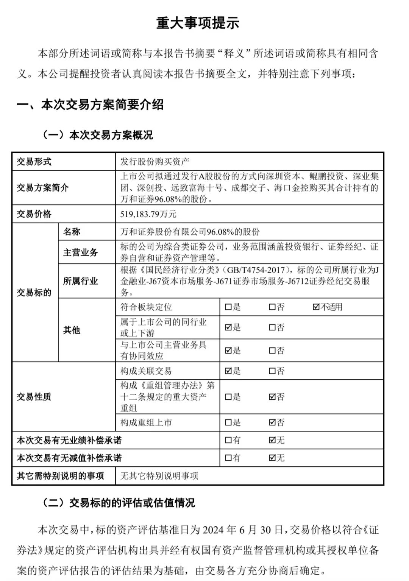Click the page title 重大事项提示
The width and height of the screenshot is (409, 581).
click(198, 23)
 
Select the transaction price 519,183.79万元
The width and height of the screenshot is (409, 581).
click(148, 214)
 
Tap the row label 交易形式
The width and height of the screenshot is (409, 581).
click(34, 162)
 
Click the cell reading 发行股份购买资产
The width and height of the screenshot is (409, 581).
click(155, 162)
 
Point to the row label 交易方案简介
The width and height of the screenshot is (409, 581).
click(42, 188)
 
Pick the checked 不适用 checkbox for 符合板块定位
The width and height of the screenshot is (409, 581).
click(316, 307)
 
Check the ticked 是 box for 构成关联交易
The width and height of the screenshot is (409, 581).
click(228, 371)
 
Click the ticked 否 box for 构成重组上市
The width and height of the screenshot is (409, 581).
click(272, 422)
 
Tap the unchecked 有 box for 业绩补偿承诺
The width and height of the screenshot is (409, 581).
click(228, 440)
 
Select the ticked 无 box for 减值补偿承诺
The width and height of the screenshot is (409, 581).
click(272, 458)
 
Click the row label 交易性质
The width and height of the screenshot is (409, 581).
click(34, 397)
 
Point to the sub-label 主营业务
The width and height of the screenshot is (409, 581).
click(81, 252)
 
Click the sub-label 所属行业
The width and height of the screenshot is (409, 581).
click(81, 281)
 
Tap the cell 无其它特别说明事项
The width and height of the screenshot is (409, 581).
click(159, 476)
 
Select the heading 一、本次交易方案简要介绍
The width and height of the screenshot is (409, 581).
click(90, 105)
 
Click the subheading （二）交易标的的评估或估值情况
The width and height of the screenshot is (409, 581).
click(119, 503)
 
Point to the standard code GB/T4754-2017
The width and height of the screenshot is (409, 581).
click(256, 270)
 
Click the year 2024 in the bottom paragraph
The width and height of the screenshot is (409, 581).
click(212, 530)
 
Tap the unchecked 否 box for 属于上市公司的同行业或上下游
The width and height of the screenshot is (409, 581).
click(272, 328)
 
